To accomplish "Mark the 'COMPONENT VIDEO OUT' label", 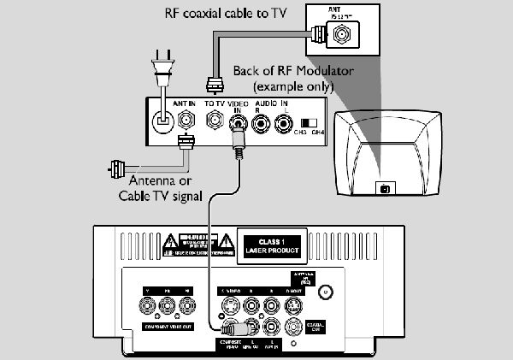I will click(x=174, y=328).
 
